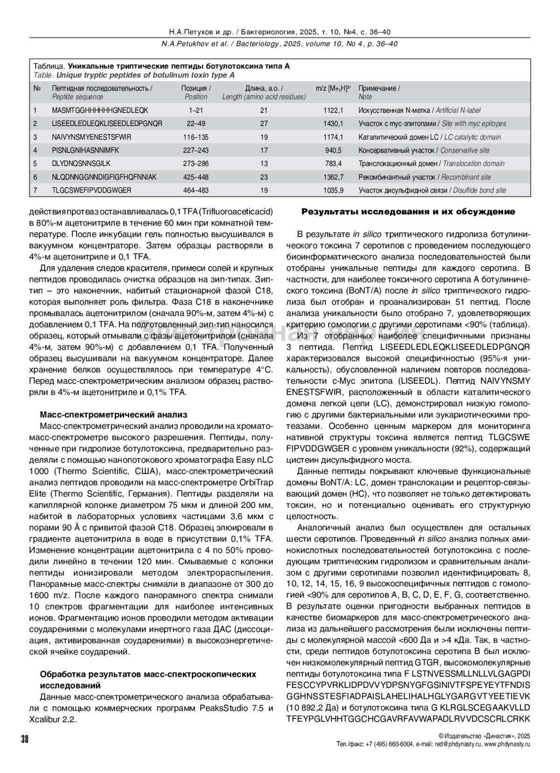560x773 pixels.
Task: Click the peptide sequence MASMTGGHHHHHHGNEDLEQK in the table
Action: point(100,111)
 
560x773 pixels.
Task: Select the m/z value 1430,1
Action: point(333,124)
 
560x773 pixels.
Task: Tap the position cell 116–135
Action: point(196,137)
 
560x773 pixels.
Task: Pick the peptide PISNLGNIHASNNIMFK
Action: point(85,150)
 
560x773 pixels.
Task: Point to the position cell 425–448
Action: point(196,177)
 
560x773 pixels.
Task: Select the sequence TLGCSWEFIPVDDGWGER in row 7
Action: point(91,190)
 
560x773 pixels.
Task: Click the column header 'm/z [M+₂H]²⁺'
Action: point(333,88)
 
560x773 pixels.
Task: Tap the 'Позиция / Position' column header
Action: point(196,92)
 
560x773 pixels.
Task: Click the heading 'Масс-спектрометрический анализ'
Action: point(113,414)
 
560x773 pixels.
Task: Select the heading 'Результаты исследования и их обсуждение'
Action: point(408,212)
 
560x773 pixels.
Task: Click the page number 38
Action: point(25,738)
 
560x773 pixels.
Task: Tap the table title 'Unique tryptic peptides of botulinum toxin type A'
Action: point(145,75)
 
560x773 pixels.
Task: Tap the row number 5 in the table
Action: point(35,164)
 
